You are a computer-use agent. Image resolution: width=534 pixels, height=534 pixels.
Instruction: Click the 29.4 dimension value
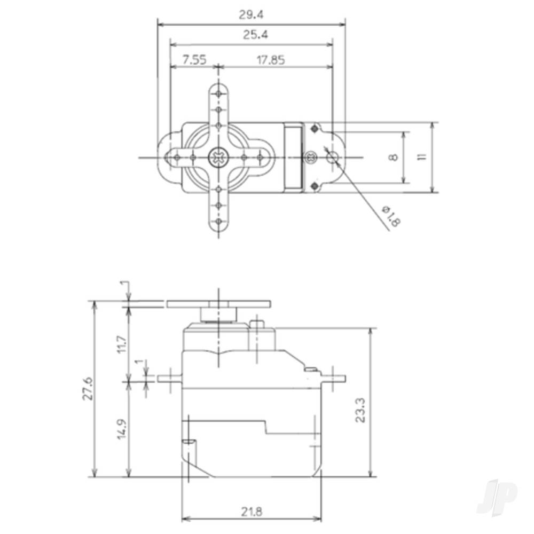(250, 15)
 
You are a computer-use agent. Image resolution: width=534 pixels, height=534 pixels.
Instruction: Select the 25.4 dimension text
(255, 35)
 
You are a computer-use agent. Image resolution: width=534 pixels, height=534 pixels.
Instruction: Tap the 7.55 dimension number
(194, 60)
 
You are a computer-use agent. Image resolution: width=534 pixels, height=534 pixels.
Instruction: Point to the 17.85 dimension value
(270, 60)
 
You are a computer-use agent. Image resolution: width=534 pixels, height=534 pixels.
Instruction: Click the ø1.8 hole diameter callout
(391, 216)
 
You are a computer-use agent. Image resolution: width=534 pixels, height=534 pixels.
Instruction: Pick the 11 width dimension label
(422, 157)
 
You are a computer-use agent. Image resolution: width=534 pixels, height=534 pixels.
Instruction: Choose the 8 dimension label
(393, 158)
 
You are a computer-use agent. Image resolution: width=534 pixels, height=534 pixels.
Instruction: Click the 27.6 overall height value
(88, 388)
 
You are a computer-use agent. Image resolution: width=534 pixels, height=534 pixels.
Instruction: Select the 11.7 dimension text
(122, 344)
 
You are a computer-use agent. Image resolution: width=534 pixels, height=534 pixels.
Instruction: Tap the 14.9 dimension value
(122, 429)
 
